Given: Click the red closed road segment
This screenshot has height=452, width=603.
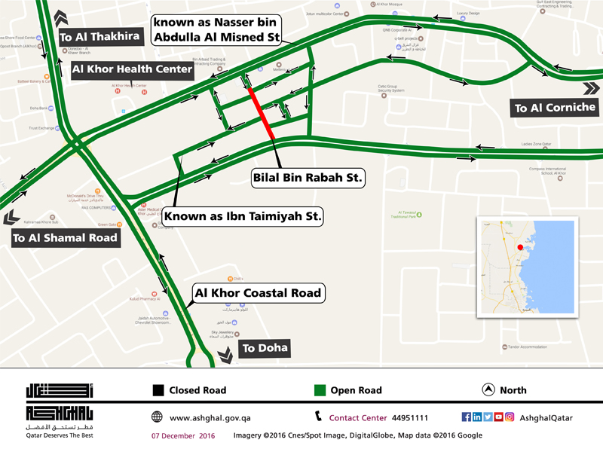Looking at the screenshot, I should [x=261, y=112].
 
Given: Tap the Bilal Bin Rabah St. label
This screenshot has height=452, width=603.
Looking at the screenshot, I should [x=308, y=179].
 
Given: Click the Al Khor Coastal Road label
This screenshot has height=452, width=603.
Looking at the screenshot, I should [x=259, y=292].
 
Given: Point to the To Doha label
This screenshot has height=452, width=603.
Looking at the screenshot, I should [x=264, y=349].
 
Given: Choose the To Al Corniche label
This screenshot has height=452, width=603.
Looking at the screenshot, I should [x=555, y=108].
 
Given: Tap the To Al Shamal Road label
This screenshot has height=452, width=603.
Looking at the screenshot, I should [x=65, y=238].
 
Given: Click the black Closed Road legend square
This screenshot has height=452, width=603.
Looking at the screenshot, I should [x=158, y=390].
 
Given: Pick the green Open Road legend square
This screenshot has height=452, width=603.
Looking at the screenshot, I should [x=320, y=390].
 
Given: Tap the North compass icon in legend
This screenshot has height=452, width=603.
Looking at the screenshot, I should [x=487, y=390].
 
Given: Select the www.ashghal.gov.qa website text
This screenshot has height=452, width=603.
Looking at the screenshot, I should [x=210, y=417].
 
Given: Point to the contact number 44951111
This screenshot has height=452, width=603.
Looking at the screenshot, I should [x=410, y=417].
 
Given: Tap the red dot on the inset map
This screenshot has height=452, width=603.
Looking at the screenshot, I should [x=519, y=247].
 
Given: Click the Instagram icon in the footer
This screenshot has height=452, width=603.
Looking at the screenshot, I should [x=510, y=417].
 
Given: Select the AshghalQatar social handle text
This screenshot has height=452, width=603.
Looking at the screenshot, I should [x=546, y=417].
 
